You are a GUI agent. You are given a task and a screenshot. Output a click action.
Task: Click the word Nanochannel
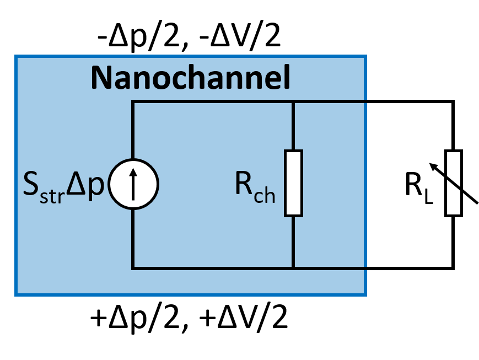pos(190,78)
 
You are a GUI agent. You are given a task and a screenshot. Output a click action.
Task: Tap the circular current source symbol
pos(133,184)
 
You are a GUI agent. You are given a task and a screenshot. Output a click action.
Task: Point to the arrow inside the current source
pos(133,184)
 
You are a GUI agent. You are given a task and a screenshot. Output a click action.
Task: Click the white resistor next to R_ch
pos(293,183)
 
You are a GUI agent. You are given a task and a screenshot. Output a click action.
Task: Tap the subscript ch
pos(265,196)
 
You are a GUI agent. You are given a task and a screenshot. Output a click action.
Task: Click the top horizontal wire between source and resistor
pos(212,101)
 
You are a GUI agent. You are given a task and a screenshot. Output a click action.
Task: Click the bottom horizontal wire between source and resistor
pos(212,268)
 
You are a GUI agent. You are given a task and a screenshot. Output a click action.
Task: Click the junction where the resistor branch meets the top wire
pos(293,101)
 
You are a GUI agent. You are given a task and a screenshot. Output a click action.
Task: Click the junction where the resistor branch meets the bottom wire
pos(293,268)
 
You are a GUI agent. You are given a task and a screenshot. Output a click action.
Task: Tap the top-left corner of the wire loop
pos(133,101)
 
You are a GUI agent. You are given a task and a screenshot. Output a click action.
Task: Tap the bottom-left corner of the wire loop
pos(133,268)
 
